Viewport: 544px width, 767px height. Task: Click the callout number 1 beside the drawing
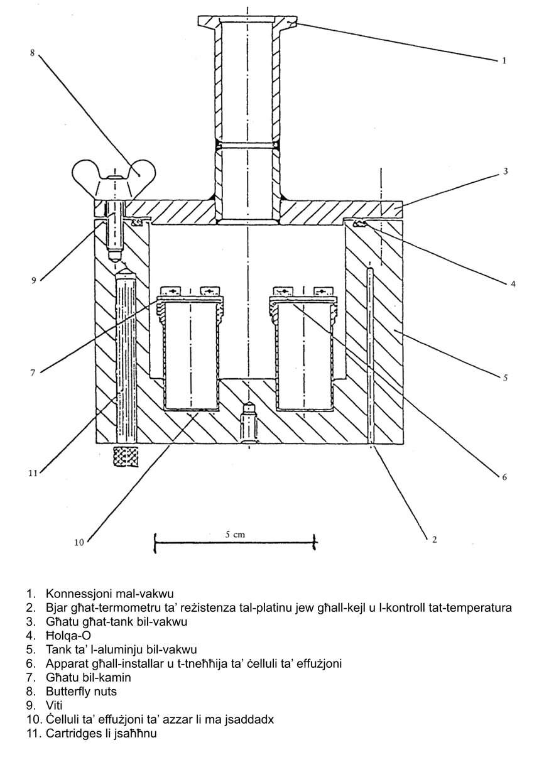click(x=504, y=61)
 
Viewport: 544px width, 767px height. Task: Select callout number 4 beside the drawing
click(x=513, y=284)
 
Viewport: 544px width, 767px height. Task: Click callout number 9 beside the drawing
click(x=34, y=281)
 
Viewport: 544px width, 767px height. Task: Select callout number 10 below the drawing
click(x=79, y=542)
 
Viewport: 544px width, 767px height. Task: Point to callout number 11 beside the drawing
click(x=35, y=472)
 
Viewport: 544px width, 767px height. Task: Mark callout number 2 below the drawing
click(x=433, y=538)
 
